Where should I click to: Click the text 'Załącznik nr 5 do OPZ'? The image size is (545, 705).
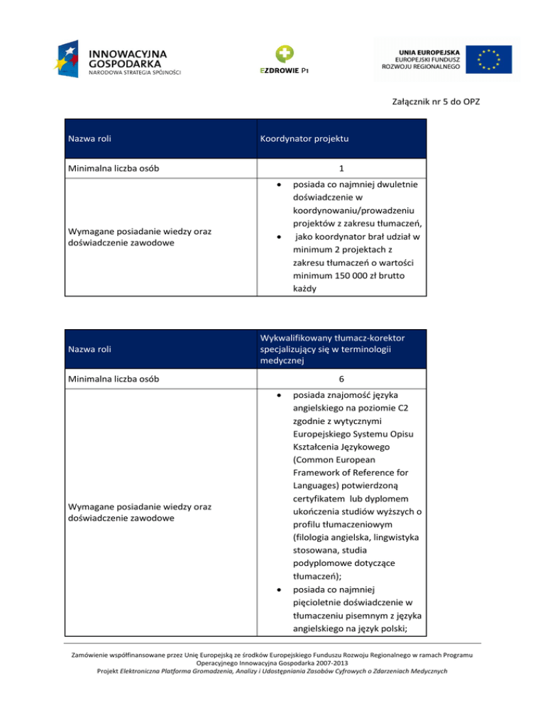(436, 102)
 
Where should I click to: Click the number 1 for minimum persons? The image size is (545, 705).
(341, 168)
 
